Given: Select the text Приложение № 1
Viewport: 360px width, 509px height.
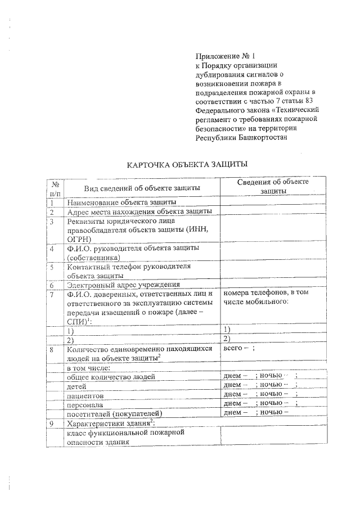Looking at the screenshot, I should (225, 56).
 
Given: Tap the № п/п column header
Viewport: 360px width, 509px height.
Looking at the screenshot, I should (55, 188).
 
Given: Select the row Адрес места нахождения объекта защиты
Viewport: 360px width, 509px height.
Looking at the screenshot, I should (139, 212).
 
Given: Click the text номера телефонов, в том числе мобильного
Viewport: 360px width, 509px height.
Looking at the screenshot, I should (262, 298).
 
